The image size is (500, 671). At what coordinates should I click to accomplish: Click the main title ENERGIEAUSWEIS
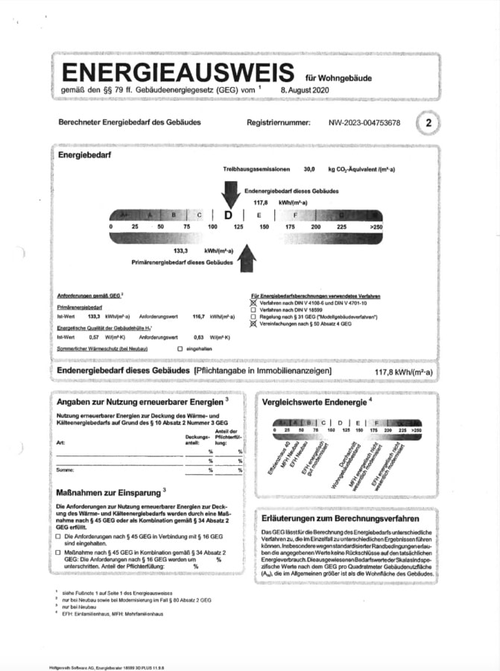pos(178,72)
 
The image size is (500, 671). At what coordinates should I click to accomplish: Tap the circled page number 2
pos(428,123)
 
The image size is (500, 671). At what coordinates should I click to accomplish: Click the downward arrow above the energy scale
pos(230,193)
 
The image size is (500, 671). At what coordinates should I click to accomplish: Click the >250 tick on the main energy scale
pos(376,226)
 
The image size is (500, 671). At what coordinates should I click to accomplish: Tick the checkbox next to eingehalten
pos(180,349)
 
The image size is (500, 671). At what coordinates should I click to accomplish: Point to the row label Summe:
pos(65,470)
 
